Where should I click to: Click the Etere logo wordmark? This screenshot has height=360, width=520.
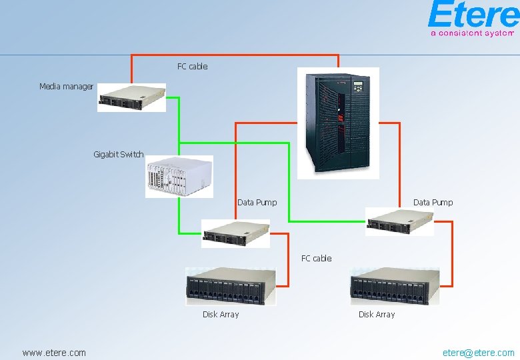coord(473,15)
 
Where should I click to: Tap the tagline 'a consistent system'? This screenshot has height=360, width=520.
coord(472,32)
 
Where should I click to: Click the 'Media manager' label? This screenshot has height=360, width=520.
coord(66,87)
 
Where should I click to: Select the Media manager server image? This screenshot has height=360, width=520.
coord(131,98)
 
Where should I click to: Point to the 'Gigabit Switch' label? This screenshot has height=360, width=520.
coord(118,155)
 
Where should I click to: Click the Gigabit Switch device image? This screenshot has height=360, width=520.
coord(179,177)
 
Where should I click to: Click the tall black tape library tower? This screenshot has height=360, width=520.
coord(337,122)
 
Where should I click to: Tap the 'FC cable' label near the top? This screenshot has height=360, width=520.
coord(192,67)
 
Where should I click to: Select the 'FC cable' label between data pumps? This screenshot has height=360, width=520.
coord(316,259)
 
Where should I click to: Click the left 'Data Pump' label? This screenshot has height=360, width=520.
coord(257,203)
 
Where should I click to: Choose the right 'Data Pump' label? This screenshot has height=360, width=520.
coord(433,203)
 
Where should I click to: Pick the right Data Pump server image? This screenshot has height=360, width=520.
coord(399,221)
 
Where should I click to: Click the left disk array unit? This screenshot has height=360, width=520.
coord(230,287)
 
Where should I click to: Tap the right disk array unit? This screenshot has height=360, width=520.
coord(395,287)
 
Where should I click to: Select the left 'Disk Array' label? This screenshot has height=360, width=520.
coord(221,315)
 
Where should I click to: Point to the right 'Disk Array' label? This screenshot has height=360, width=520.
coord(377,315)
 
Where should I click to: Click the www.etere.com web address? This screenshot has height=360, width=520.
coord(54,353)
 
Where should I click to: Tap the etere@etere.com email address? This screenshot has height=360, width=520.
coord(479,353)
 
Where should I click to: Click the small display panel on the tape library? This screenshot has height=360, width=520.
coord(359,87)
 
